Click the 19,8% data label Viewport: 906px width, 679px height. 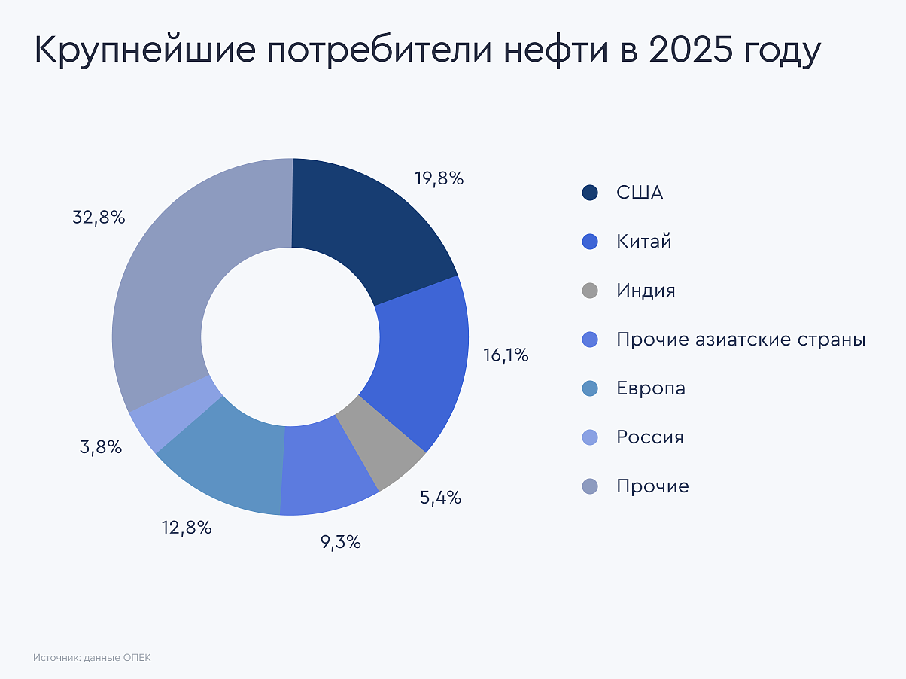[439, 178]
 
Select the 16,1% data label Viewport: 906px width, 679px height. [506, 355]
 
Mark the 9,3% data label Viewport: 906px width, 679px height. [340, 541]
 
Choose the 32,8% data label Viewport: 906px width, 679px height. [99, 218]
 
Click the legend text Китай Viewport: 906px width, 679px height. [643, 242]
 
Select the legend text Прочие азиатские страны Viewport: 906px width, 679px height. [740, 339]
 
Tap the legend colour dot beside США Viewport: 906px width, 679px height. [590, 193]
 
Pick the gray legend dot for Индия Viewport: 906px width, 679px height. [590, 291]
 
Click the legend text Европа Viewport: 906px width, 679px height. [651, 388]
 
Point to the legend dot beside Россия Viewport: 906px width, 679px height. [590, 437]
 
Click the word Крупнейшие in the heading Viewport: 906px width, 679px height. [141, 53]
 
